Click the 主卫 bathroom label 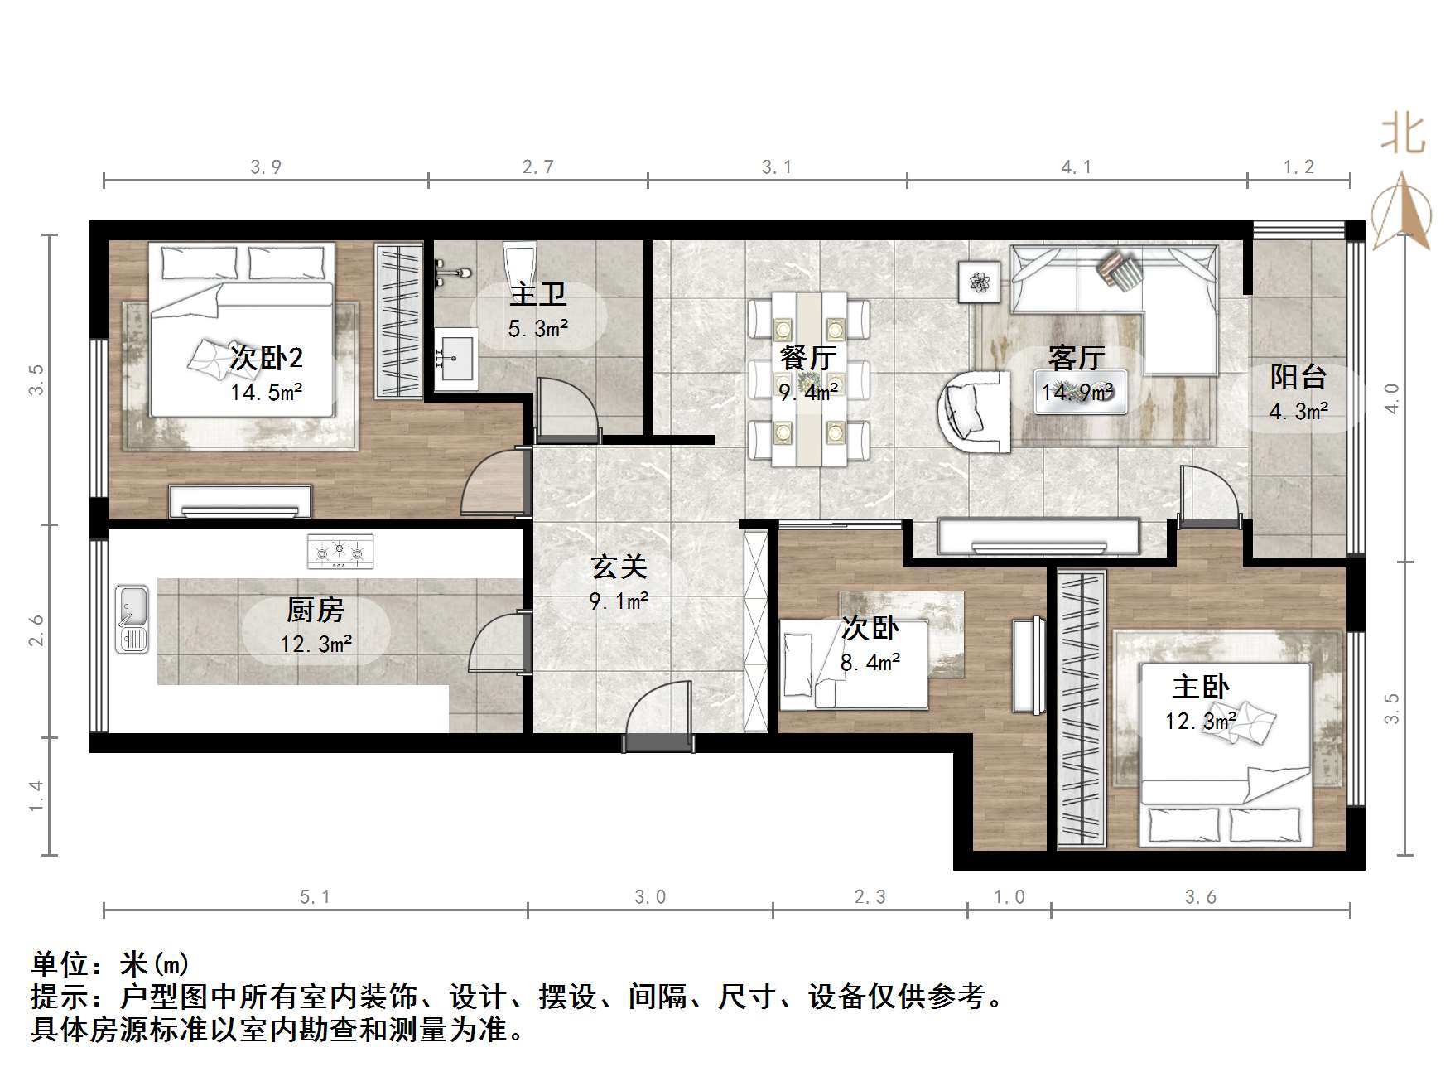(538, 294)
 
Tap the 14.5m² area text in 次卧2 (266, 392)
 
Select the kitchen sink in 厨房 (132, 619)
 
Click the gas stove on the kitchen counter (340, 551)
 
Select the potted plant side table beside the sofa (980, 282)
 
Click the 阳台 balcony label (1298, 377)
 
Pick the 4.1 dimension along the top (1077, 167)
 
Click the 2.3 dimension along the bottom (870, 897)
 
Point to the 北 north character (1403, 135)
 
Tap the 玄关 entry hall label (619, 567)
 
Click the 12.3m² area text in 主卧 (1200, 722)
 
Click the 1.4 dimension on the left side (36, 796)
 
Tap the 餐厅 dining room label (807, 358)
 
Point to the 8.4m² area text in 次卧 (870, 663)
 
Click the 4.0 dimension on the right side (1392, 398)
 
